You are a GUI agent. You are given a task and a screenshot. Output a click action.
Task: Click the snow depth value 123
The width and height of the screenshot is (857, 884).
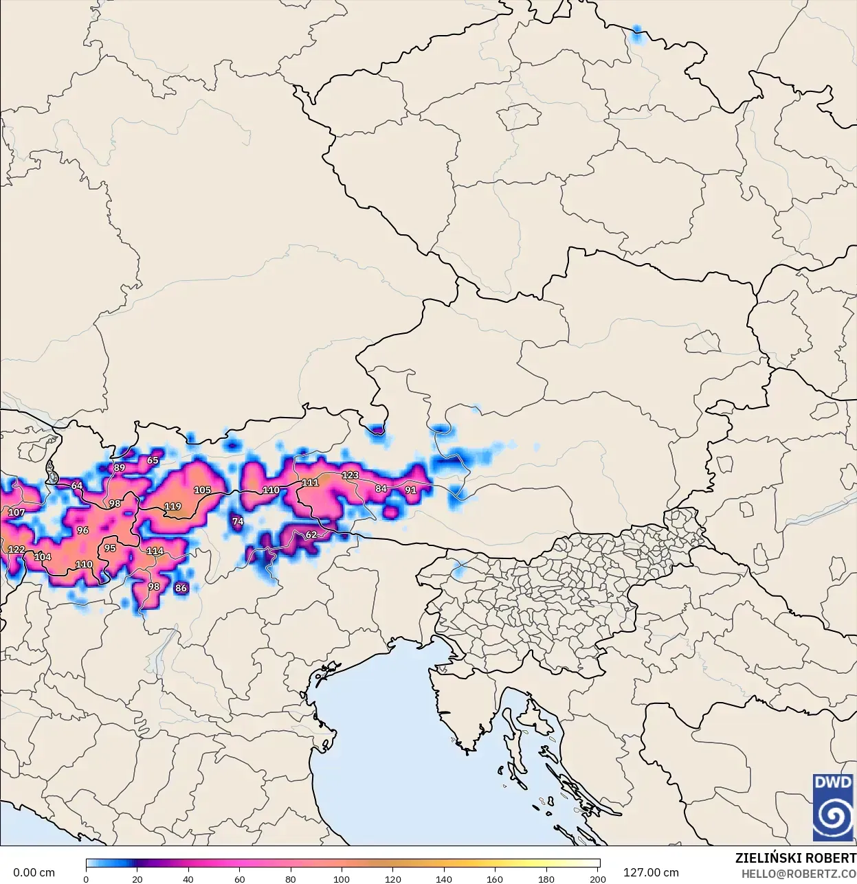click(350, 475)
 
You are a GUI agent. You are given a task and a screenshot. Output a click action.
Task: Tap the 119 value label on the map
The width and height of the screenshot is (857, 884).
click(172, 507)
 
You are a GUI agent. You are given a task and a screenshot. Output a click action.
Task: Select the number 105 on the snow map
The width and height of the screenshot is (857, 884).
click(202, 490)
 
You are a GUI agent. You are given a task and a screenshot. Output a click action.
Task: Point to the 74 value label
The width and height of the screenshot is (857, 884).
click(238, 522)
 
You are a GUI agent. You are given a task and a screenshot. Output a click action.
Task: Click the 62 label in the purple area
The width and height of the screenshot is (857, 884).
click(311, 535)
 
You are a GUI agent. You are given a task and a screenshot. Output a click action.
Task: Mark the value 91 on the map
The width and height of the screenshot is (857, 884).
click(410, 490)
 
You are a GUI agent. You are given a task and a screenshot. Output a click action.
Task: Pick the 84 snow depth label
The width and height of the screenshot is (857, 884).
click(381, 489)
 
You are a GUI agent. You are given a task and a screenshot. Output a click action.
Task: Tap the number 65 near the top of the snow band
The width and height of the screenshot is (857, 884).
click(153, 461)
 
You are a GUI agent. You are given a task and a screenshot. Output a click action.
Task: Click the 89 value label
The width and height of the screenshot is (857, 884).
click(120, 468)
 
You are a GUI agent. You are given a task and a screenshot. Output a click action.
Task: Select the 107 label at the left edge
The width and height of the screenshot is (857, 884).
click(16, 513)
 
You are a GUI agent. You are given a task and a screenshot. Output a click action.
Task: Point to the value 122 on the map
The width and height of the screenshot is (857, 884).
click(16, 550)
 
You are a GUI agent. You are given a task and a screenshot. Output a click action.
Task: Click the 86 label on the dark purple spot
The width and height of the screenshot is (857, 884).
click(181, 589)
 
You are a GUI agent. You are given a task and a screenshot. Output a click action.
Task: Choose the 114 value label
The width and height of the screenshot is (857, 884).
click(155, 552)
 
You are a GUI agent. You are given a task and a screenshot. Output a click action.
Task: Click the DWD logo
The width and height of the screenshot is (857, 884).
click(833, 807)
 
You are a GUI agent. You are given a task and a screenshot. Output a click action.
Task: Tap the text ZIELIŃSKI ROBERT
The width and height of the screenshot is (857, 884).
click(795, 859)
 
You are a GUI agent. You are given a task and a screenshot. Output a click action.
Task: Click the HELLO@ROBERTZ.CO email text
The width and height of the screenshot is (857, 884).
click(799, 874)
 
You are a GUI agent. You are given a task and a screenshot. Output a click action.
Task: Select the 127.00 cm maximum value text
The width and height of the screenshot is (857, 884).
click(650, 873)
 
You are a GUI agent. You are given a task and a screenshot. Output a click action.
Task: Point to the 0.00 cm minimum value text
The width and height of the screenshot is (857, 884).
click(34, 873)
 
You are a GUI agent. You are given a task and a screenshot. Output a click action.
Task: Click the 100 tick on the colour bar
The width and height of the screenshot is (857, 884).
click(342, 879)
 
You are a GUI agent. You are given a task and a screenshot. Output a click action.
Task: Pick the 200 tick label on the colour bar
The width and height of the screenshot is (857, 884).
click(597, 879)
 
